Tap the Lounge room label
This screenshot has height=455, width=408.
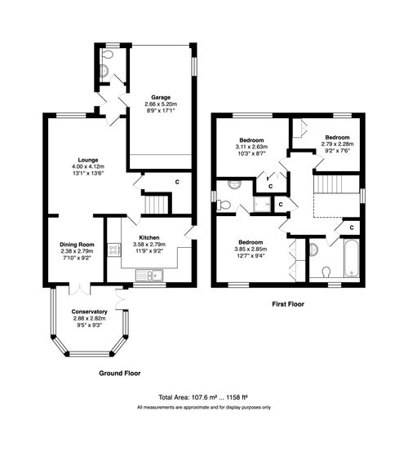pyautogui.click(x=88, y=160)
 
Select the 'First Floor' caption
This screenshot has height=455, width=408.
pyautogui.click(x=292, y=303)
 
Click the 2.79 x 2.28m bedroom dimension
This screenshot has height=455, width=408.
pyautogui.click(x=337, y=144)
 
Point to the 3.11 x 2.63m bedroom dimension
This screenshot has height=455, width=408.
pyautogui.click(x=251, y=148)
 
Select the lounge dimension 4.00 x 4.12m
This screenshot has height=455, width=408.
pyautogui.click(x=88, y=167)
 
